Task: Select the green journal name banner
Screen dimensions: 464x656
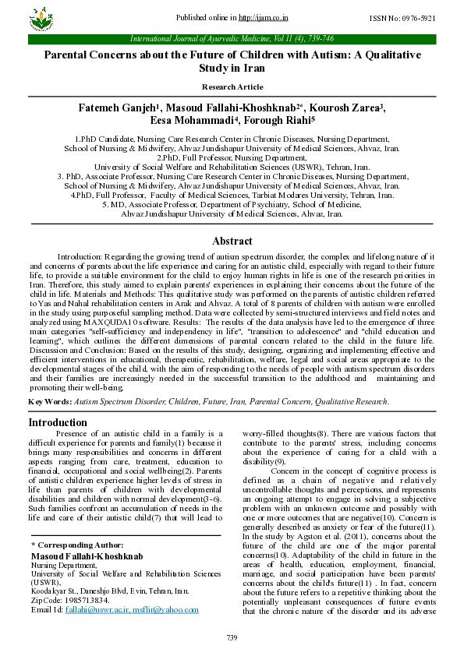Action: [x=232, y=37]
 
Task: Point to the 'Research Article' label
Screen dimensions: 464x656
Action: [x=232, y=86]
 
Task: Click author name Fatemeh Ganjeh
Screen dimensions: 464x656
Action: [x=118, y=107]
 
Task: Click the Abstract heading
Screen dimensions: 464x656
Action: [x=232, y=241]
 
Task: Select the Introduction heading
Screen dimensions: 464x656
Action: [x=57, y=422]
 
